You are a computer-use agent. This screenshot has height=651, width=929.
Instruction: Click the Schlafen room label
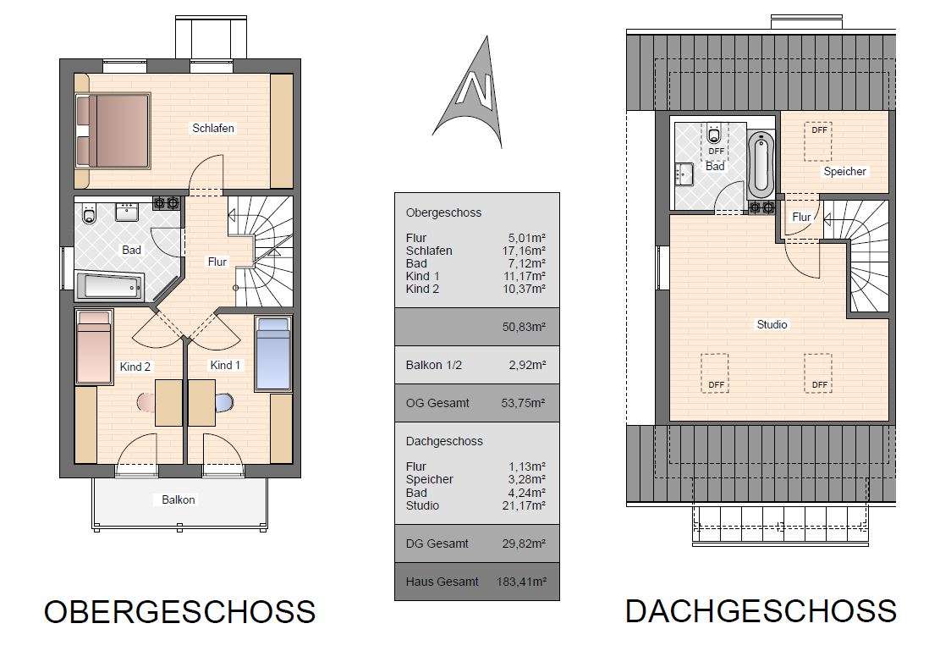(x=212, y=128)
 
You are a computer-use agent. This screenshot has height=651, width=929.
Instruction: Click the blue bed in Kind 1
(x=273, y=353)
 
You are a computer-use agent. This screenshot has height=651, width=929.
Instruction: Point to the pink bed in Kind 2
(x=93, y=347)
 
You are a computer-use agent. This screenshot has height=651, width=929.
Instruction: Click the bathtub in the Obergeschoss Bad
(x=109, y=286)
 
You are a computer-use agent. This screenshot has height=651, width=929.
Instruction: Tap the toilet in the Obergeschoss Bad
(x=89, y=217)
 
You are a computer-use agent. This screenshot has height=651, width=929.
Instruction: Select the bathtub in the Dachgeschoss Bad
(x=760, y=164)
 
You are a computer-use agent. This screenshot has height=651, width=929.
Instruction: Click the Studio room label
(x=772, y=324)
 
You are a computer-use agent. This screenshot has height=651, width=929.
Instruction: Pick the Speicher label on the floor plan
(x=844, y=172)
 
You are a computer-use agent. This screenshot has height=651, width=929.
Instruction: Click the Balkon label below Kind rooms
(x=179, y=499)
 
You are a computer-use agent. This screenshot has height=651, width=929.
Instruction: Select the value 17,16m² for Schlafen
(x=524, y=251)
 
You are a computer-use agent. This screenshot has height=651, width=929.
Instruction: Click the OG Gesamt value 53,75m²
(x=524, y=404)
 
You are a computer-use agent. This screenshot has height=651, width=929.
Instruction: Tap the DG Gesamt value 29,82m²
(x=524, y=543)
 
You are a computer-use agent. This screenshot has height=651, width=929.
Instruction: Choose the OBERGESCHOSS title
(x=179, y=611)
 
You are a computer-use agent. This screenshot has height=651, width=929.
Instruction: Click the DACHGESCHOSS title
(x=761, y=610)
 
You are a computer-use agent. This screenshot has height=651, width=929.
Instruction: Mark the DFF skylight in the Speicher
(x=818, y=141)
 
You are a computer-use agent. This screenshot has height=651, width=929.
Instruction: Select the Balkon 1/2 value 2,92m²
(x=526, y=366)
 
